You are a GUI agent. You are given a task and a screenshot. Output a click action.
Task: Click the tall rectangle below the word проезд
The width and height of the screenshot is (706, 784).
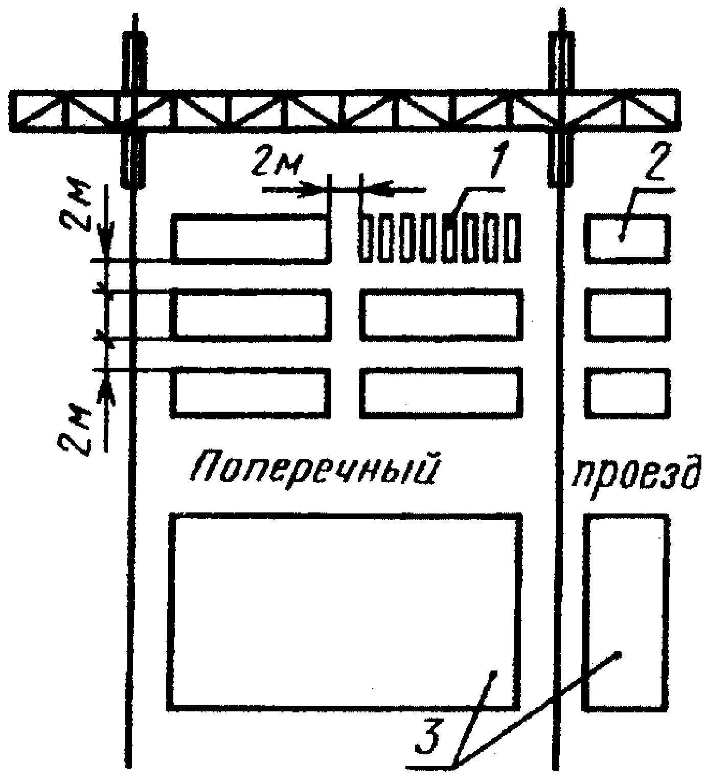[626, 612]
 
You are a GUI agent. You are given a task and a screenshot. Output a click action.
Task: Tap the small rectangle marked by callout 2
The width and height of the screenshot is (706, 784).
[627, 239]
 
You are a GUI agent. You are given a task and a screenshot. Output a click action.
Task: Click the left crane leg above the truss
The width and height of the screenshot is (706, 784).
[134, 61]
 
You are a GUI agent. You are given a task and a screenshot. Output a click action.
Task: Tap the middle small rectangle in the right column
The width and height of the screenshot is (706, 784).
[627, 315]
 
